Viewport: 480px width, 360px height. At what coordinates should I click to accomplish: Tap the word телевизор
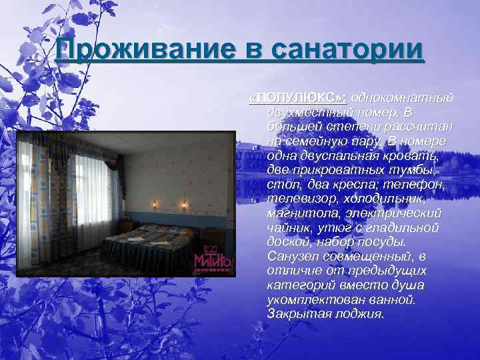[299, 199]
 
